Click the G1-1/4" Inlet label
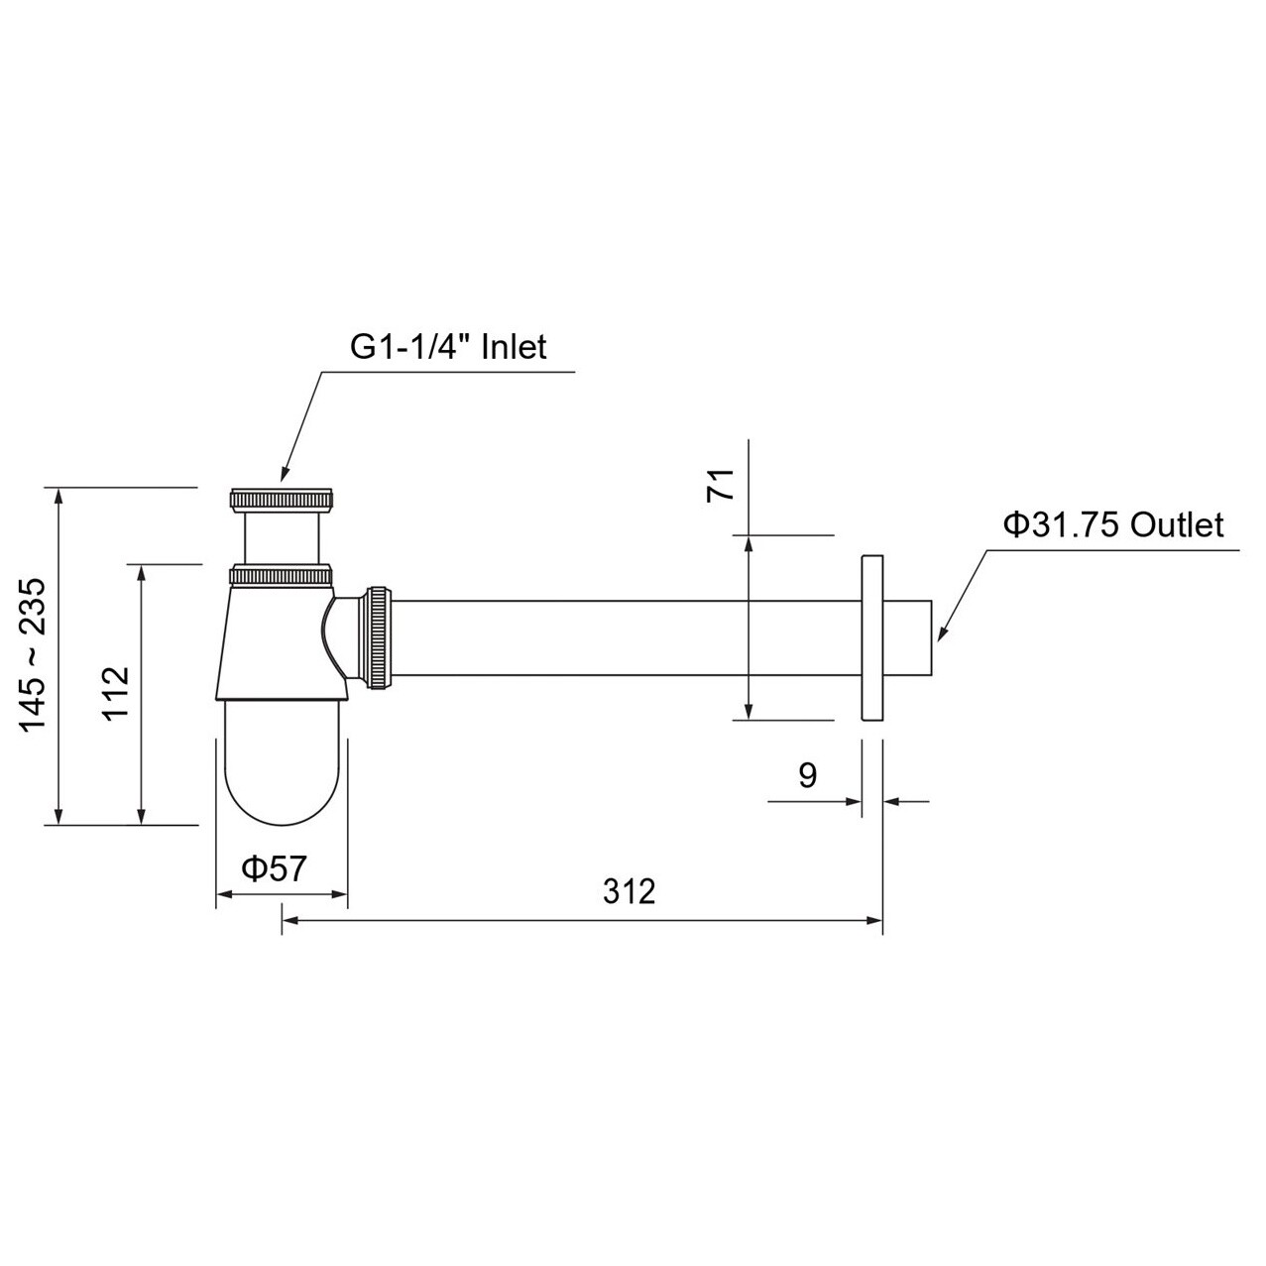[x=448, y=347]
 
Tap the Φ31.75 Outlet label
[x=1113, y=524]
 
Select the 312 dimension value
[x=630, y=891]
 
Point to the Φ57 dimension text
[x=274, y=869]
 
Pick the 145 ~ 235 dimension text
[x=32, y=655]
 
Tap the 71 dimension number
[x=720, y=485]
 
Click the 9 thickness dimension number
[x=807, y=775]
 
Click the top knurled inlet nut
[x=282, y=499]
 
